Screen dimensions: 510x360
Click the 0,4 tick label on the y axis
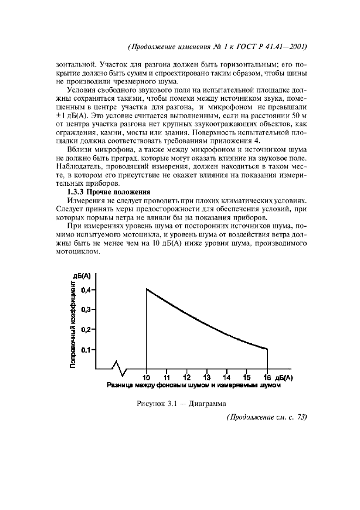84,290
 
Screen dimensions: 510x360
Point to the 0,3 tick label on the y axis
84,309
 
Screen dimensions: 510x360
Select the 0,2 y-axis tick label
84,330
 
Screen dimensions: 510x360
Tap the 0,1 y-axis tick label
84,350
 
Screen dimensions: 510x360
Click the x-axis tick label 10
147,378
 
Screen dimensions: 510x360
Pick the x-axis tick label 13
206,378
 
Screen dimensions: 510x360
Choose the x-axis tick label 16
267,378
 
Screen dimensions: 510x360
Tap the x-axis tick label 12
186,378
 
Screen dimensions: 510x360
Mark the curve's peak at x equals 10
147,289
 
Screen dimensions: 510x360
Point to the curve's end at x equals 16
267,349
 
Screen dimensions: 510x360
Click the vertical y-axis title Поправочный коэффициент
74,325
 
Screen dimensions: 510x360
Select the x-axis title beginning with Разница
193,385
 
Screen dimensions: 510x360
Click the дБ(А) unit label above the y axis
83,277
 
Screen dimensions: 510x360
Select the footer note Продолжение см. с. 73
266,417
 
